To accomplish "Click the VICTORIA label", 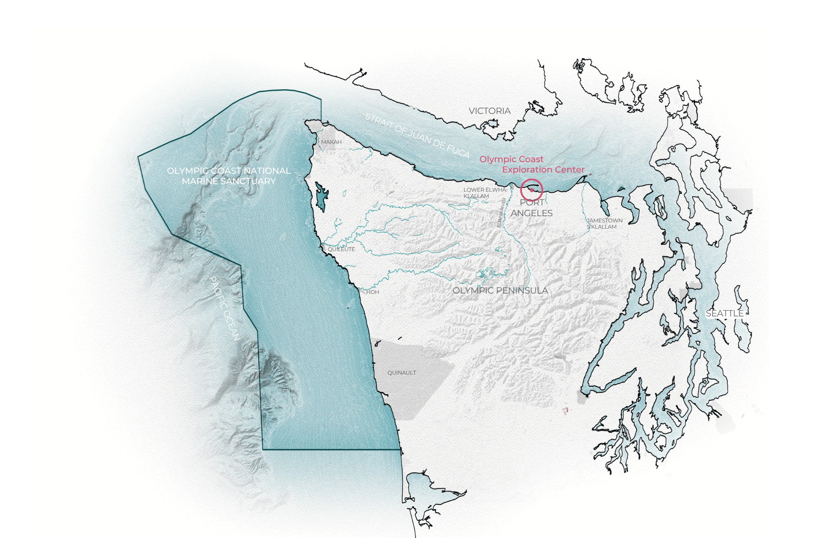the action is click(x=489, y=111).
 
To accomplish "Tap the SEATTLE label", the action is click(x=725, y=313).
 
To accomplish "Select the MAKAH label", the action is click(x=331, y=142).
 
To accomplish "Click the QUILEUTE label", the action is click(x=341, y=249).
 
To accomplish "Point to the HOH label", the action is click(x=373, y=292).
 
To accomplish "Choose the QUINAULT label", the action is click(x=401, y=373).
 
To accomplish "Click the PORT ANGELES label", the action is click(x=531, y=208).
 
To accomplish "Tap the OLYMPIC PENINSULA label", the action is click(x=500, y=291).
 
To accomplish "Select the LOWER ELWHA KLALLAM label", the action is click(x=484, y=193).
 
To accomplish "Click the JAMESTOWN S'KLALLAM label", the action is click(x=605, y=224).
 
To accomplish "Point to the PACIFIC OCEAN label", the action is click(x=224, y=308).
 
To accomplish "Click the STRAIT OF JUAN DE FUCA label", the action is click(x=417, y=136).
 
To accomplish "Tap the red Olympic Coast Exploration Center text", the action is click(x=532, y=164).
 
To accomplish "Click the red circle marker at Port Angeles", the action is click(x=531, y=190).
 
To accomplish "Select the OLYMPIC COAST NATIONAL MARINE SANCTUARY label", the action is click(x=229, y=176).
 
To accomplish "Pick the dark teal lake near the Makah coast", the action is click(x=321, y=195).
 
